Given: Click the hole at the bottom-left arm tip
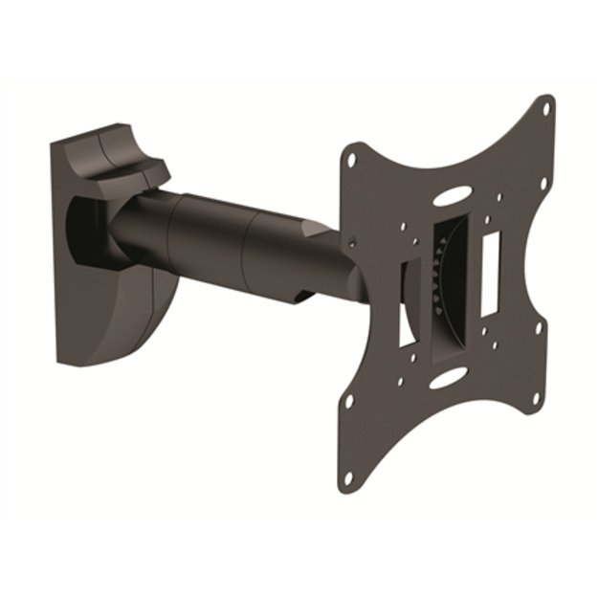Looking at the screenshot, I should click(x=349, y=476).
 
